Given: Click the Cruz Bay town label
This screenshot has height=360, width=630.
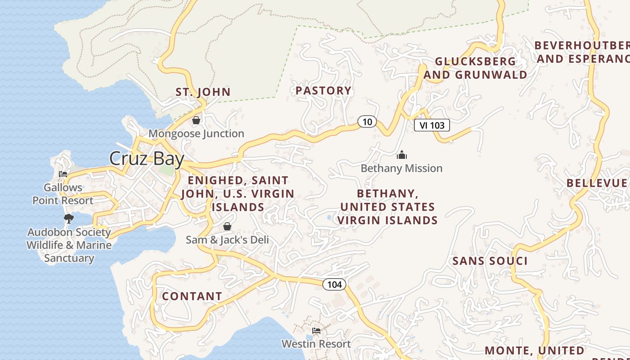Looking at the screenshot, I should tap(147, 159).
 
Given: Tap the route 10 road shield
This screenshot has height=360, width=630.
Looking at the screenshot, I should tap(367, 121).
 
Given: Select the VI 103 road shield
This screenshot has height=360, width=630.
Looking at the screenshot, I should tap(432, 126).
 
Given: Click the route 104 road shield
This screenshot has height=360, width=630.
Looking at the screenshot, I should tap(334, 284).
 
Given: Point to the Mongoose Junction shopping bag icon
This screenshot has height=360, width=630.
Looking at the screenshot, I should tap(196, 121).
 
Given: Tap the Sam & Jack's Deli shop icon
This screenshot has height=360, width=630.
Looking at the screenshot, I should tap(227, 226).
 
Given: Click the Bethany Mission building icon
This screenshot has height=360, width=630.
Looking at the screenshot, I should tap(401, 155).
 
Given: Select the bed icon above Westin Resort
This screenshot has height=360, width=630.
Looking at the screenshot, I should tap(316, 331).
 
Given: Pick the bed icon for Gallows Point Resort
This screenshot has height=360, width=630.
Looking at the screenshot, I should tap(63, 174).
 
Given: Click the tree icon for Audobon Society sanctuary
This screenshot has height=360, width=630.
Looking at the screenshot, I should tap(68, 219).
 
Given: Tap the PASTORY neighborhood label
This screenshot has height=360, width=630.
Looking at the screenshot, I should tap(323, 91).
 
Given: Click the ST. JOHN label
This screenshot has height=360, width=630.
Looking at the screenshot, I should tap(203, 92).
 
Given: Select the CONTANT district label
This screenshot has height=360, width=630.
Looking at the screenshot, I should tap(192, 296).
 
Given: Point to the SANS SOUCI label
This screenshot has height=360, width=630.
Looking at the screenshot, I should tap(490, 261).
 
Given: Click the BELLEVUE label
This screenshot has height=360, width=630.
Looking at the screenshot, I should tap(596, 183).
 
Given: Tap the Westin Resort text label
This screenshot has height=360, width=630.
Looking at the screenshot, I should tap(316, 344).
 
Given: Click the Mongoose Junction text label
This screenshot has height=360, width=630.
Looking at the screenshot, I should tap(196, 134).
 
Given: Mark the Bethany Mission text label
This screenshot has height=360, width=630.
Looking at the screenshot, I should tap(401, 168).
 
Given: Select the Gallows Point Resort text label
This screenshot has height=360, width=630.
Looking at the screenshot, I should tap(63, 194).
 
